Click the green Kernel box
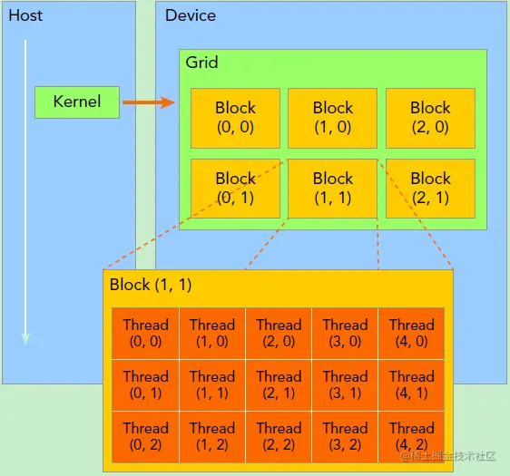(77, 102)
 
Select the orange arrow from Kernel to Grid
(149, 102)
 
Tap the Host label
(25, 15)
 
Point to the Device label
(191, 15)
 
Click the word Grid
(201, 62)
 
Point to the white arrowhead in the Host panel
(25, 338)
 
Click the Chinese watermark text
(448, 456)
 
